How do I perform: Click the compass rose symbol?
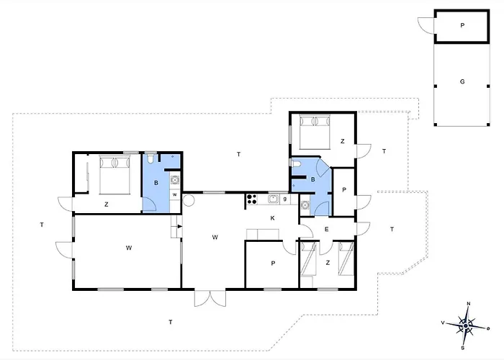[x=466, y=326]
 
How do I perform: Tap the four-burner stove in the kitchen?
[x=252, y=199]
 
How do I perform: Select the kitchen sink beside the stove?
[x=274, y=199]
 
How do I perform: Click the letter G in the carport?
[x=462, y=81]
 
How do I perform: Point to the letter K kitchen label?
[x=273, y=218]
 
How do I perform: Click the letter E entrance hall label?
[x=327, y=229]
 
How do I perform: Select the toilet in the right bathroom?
[x=296, y=163]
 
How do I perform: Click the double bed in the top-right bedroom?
[x=315, y=132]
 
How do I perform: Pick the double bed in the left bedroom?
[x=114, y=175]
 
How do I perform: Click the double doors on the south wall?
[x=210, y=299]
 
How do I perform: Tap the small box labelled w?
[x=175, y=195]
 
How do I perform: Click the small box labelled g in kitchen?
[x=285, y=199]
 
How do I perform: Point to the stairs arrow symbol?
[x=179, y=226]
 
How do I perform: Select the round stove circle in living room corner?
[x=189, y=200]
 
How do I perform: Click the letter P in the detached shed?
[x=462, y=25]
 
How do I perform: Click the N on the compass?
[x=469, y=304]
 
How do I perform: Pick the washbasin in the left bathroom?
[x=175, y=180]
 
